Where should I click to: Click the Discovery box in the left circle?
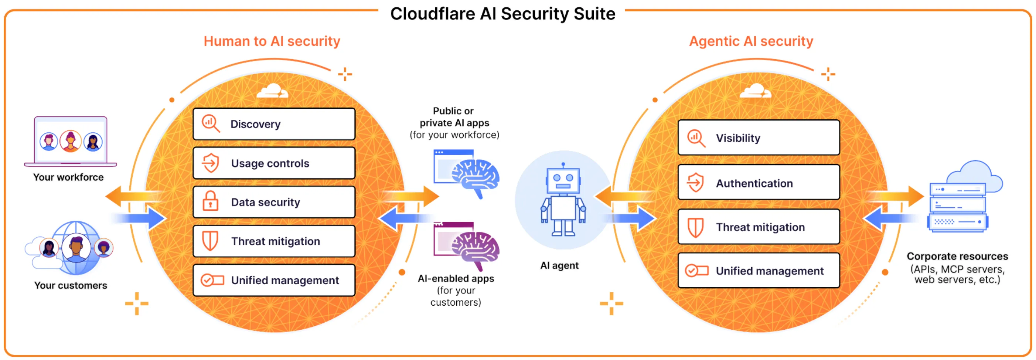coord(274,124)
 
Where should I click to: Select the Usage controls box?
coord(274,163)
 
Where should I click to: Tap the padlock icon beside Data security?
coord(210,201)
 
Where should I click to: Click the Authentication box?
coord(758,183)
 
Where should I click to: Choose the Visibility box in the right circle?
coord(758,138)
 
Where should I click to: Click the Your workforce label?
coord(68,177)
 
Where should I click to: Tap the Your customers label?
coord(71,286)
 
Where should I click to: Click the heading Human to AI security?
coord(272,41)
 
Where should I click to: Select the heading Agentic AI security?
coord(751,41)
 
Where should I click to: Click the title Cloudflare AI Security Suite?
coord(502,14)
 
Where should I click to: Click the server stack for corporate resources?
coord(957,207)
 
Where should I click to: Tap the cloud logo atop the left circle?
coord(272,91)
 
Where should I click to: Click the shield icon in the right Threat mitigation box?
coord(695,227)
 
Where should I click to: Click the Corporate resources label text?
coord(957,257)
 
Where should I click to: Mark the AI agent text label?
coord(559,265)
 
